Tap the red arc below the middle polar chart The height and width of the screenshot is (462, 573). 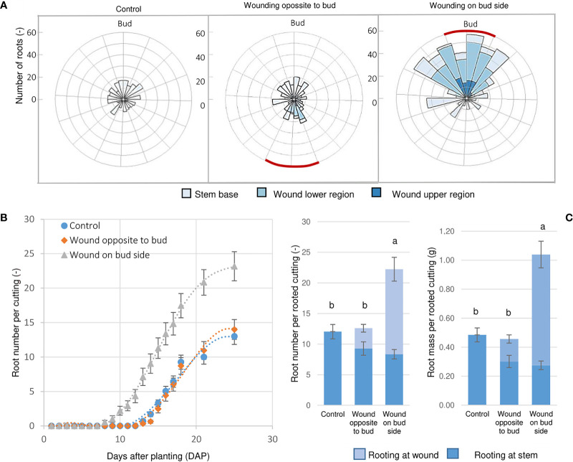pyautogui.click(x=292, y=166)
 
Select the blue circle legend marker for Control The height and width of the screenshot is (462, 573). pyautogui.click(x=66, y=222)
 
